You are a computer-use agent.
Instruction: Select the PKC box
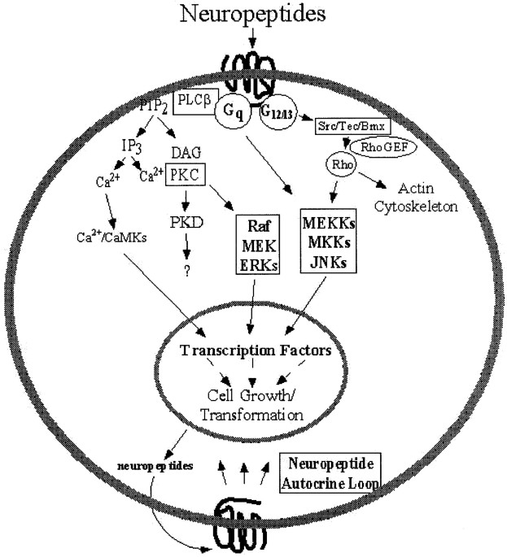(x=184, y=174)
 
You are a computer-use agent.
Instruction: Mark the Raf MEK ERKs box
(x=257, y=245)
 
